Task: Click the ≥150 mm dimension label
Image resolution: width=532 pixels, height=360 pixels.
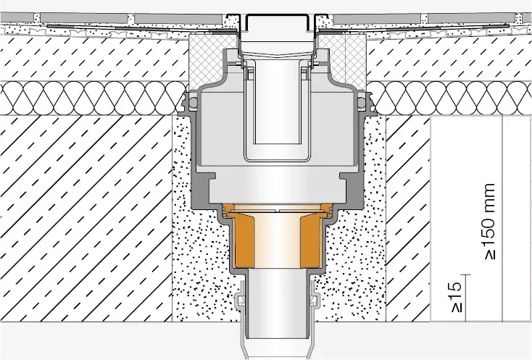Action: [489, 222]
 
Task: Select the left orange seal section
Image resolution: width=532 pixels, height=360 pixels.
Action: [243, 240]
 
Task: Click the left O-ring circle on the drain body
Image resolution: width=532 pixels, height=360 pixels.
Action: [193, 101]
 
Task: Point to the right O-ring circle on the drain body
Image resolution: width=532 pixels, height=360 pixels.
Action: [362, 101]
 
